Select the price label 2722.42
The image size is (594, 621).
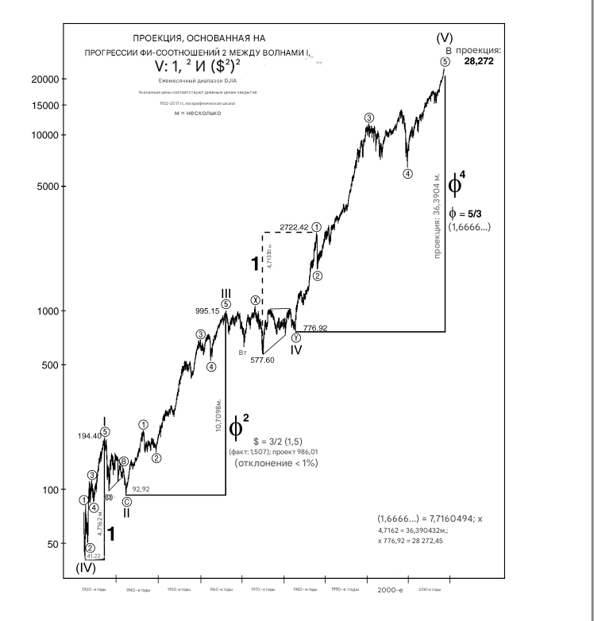point(295,227)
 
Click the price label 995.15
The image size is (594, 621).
point(206,311)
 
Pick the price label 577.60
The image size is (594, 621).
point(263,360)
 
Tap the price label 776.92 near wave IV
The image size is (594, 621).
point(315,327)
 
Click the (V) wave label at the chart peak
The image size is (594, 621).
point(444,38)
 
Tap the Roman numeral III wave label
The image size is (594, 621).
point(226,294)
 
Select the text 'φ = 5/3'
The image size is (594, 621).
point(469,213)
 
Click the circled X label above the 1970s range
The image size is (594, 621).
point(255,300)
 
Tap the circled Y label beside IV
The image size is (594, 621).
point(295,337)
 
